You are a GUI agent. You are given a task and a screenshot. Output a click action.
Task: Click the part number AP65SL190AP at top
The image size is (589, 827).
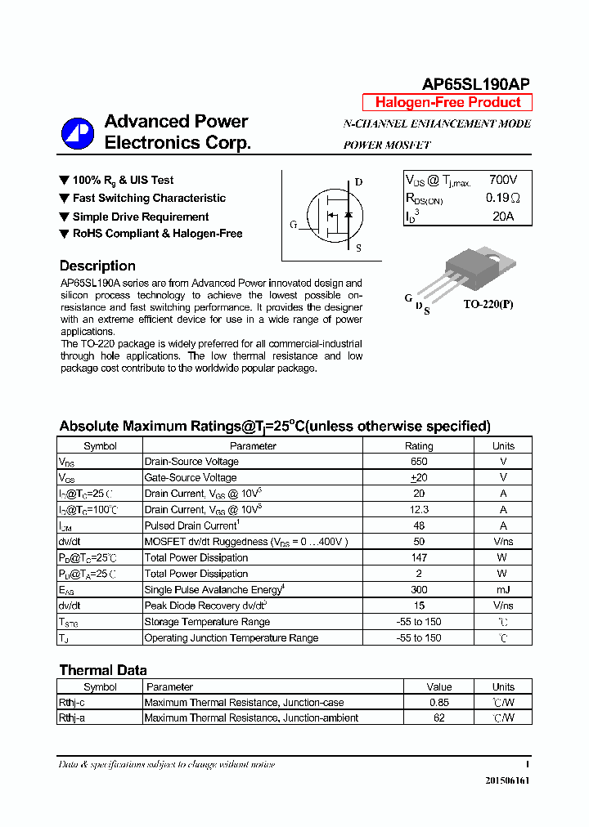click(475, 84)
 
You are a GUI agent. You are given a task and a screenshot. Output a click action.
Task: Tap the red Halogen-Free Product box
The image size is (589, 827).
click(447, 103)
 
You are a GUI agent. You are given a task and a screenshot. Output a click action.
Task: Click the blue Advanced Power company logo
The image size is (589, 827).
click(79, 133)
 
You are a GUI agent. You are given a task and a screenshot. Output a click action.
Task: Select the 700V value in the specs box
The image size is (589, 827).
click(502, 180)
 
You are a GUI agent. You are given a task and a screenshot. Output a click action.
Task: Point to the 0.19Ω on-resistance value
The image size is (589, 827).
click(502, 198)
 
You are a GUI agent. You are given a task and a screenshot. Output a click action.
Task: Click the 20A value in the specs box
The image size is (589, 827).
click(502, 217)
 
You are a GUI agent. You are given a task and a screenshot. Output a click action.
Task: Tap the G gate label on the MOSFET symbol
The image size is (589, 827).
click(293, 224)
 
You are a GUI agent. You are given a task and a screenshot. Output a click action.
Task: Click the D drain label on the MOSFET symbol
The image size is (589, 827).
click(358, 182)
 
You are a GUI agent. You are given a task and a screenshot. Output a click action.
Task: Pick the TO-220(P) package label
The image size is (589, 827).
click(488, 303)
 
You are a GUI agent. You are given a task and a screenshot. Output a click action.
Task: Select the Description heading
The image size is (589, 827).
click(97, 266)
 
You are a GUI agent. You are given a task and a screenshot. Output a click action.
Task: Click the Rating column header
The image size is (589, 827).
click(419, 446)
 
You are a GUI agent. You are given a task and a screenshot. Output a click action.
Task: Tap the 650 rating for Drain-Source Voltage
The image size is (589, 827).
click(419, 462)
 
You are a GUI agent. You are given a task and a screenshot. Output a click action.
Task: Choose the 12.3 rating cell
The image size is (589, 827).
click(419, 510)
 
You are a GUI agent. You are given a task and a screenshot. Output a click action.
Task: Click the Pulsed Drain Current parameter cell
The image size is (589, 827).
click(192, 525)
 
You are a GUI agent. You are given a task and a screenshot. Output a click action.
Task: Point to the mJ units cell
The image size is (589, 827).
click(503, 590)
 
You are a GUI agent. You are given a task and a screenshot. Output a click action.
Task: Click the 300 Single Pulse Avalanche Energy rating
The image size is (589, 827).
click(419, 590)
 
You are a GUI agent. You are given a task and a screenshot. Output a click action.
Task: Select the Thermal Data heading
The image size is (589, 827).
click(103, 670)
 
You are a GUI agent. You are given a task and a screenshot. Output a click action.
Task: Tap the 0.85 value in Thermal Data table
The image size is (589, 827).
click(439, 703)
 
